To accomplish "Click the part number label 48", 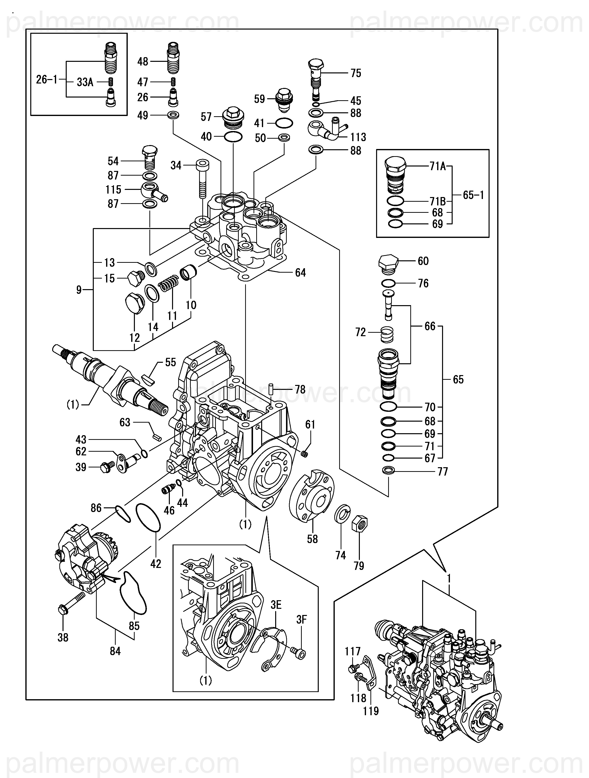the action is [x=143, y=62].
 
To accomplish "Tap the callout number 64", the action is [x=301, y=273].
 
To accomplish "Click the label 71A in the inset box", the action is [x=438, y=166].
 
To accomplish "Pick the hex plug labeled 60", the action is [x=389, y=264].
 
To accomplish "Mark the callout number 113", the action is [x=358, y=137].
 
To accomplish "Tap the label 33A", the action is [x=85, y=82].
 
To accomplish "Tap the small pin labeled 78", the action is [x=271, y=390].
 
